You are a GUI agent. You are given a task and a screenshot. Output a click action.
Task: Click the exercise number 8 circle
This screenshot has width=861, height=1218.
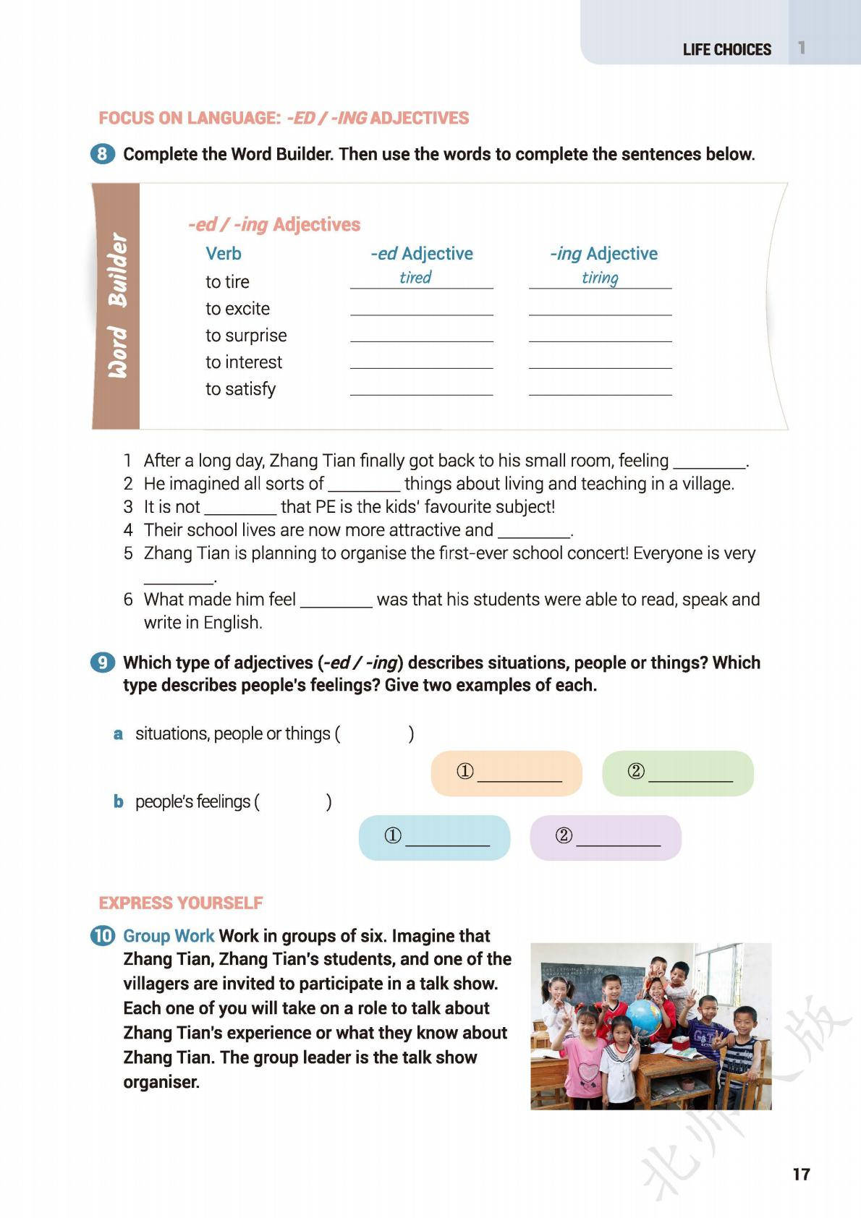point(103,154)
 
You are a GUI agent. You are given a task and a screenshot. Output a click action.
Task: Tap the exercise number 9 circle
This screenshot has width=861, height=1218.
point(103,663)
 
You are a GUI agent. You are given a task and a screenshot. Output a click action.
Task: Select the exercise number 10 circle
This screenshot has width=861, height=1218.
point(103,936)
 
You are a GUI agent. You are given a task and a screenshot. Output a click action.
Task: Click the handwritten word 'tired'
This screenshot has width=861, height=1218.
point(415,278)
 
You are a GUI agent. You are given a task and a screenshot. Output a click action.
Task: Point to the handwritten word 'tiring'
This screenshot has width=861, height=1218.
point(600,278)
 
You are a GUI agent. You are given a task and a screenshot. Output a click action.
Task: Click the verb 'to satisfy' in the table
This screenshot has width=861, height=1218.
point(240,389)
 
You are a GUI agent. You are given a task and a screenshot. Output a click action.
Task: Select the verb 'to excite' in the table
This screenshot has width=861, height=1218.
point(237,309)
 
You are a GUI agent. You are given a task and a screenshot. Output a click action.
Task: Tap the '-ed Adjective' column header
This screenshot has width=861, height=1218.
point(421,254)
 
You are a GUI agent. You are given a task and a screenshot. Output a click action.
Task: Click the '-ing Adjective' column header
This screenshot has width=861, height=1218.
point(603,254)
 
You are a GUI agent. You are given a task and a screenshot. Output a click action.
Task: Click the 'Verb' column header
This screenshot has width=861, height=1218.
point(224,254)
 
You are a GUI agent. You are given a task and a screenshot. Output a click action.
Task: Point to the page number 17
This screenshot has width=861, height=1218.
point(801,1174)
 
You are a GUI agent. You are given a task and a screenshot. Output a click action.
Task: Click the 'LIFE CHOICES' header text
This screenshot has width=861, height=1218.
point(726,50)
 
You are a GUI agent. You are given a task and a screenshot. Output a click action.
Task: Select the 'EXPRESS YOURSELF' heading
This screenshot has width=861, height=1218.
point(181,903)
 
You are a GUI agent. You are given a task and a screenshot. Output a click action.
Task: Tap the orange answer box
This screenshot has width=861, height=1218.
point(506,773)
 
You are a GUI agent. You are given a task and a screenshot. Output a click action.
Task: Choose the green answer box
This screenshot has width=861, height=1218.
point(678,773)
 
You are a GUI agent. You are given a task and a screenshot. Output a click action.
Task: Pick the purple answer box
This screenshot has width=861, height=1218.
point(606,838)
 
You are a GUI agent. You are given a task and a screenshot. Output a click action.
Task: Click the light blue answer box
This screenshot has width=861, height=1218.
point(434,838)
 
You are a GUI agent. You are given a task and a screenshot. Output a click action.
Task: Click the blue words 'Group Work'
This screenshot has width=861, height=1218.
point(169,936)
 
